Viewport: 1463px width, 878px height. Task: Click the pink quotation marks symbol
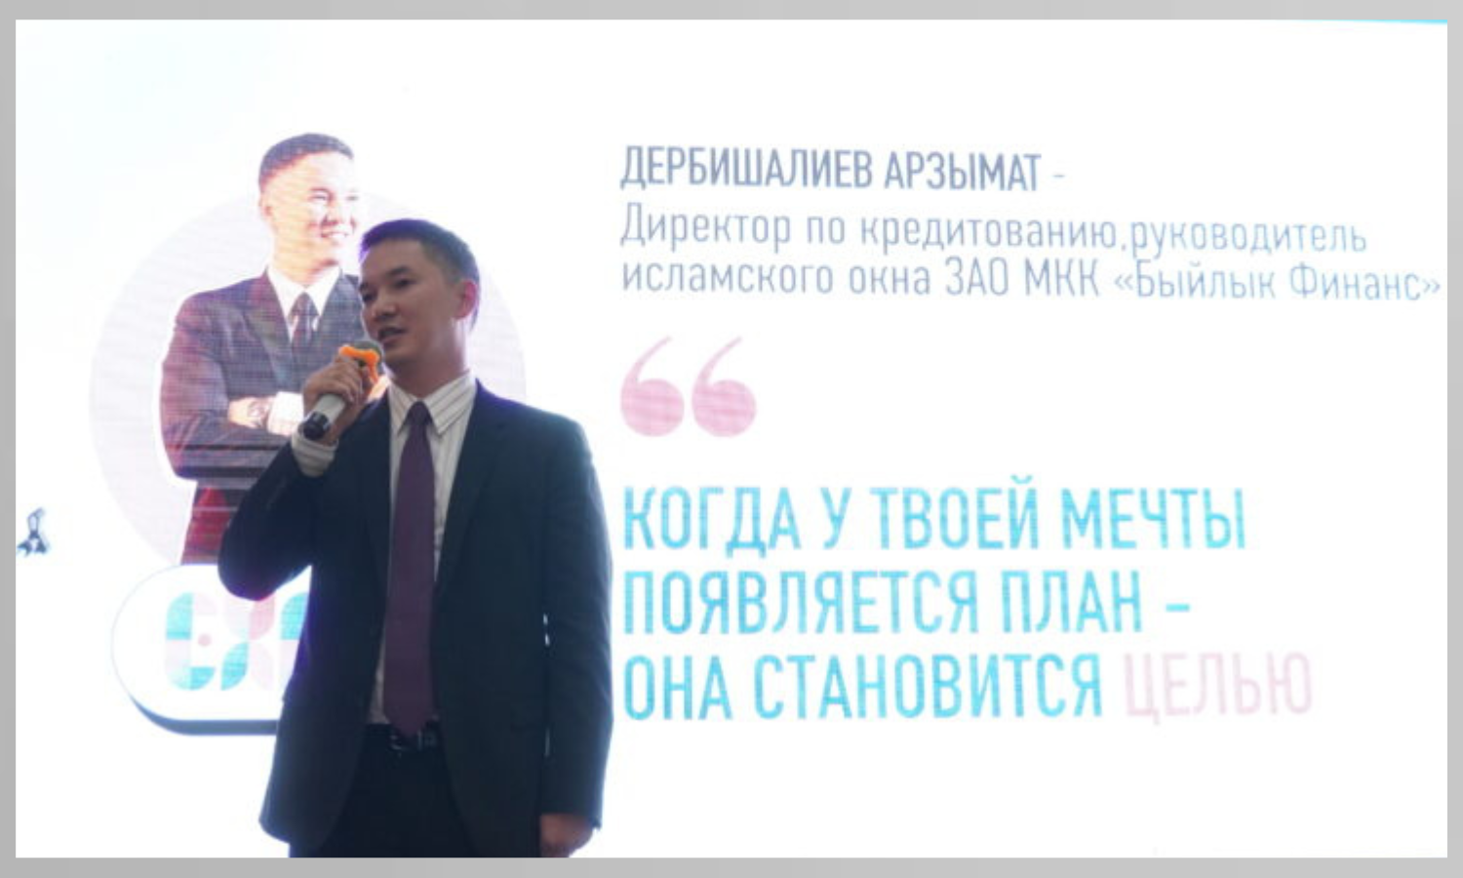[688, 386]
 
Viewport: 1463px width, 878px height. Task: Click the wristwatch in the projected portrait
[258, 412]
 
